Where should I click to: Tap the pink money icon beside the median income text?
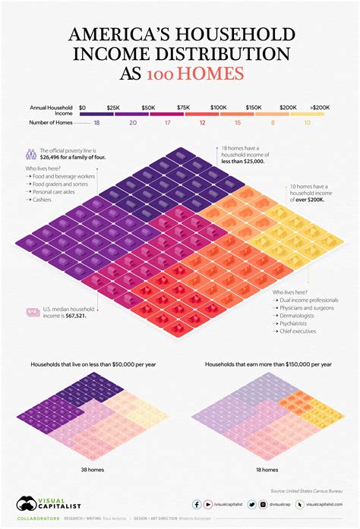(x=33, y=311)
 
